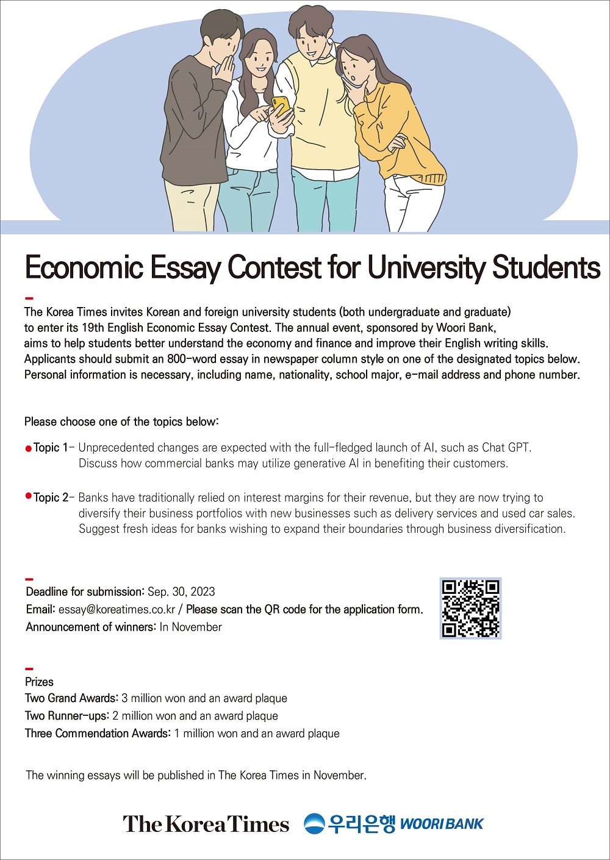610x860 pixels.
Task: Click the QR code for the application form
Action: (470, 608)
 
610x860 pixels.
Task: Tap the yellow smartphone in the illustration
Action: (281, 106)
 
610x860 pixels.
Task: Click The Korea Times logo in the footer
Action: (206, 824)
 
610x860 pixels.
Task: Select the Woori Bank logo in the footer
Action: (393, 824)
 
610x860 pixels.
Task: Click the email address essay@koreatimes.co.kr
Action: (117, 609)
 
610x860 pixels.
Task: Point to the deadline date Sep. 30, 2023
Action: (181, 591)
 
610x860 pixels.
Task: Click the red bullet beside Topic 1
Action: (28, 449)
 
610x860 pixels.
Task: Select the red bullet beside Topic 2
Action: (28, 496)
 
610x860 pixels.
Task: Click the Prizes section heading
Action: (39, 682)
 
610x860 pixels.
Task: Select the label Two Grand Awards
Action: (71, 698)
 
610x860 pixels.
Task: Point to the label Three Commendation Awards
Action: (97, 733)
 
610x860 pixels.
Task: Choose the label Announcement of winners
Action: (91, 627)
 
